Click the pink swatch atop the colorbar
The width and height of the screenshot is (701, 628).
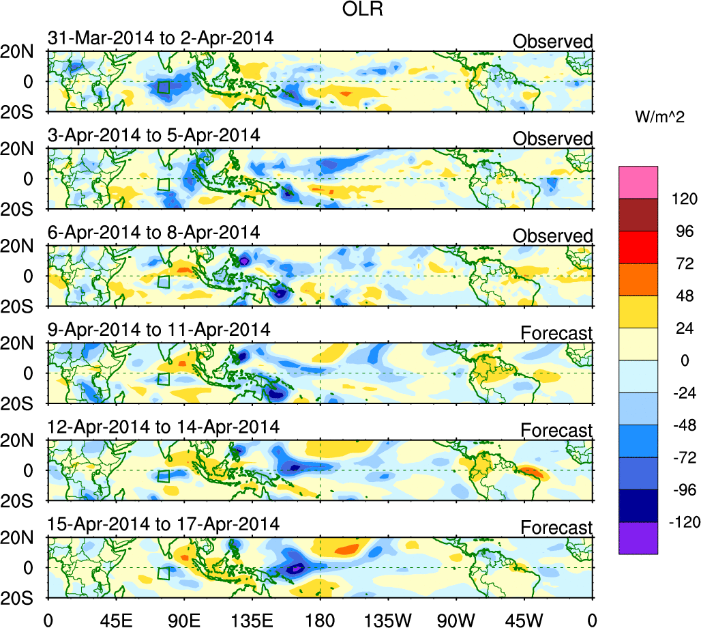(x=639, y=182)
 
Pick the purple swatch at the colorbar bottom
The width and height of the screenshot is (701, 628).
(x=639, y=538)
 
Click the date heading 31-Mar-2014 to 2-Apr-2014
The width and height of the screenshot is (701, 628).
(x=161, y=38)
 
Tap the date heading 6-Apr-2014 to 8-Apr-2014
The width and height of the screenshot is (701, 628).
(x=154, y=232)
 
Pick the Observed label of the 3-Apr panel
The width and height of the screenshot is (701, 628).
(x=552, y=139)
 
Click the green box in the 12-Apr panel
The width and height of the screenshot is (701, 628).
(x=163, y=476)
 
